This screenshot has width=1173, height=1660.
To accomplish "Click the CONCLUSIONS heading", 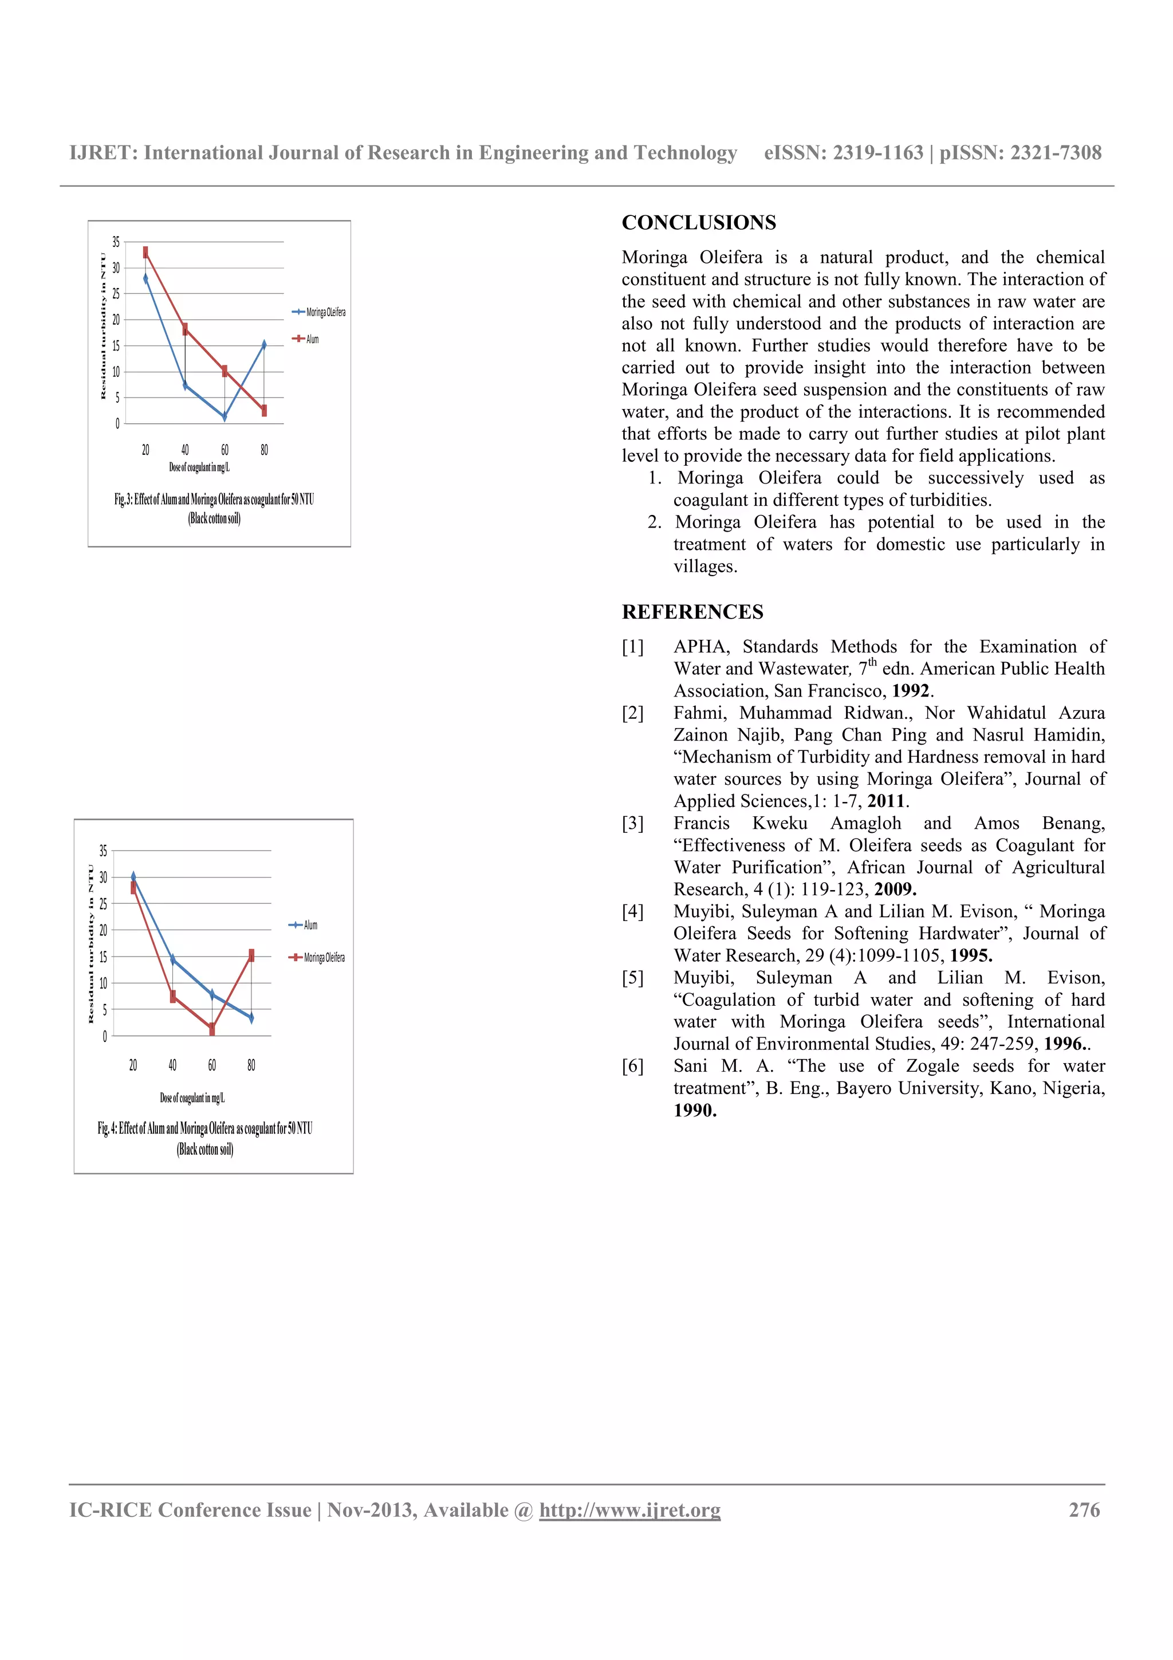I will coord(698,223).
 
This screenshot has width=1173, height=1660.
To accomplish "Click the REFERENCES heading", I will coord(692,612).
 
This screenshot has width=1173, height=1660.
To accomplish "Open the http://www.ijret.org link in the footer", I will coord(629,1510).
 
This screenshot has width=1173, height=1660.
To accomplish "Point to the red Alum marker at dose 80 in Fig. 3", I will coord(265,410).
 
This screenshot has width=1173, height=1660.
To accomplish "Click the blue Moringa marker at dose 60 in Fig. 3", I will coord(225,416).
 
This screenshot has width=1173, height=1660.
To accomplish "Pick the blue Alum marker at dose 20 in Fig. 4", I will coord(133,876).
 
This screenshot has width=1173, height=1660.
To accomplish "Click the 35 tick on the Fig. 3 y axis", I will coord(116,242).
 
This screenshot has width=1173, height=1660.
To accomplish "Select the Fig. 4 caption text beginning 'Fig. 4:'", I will coord(205,1128).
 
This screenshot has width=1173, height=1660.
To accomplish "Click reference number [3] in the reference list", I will coord(632,824).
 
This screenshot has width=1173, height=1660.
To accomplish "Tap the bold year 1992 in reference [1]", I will coord(910,690).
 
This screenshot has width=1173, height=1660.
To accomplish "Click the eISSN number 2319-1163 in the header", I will coord(878,152).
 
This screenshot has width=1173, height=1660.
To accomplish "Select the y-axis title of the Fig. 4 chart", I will coord(91,943).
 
